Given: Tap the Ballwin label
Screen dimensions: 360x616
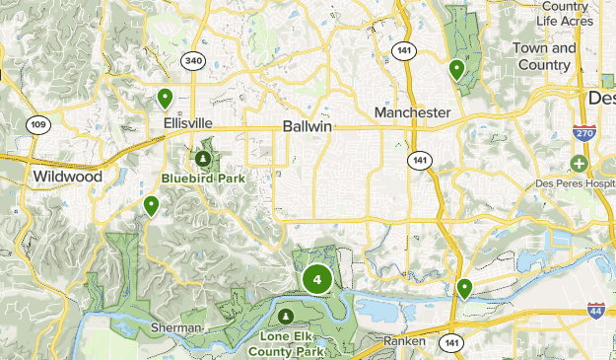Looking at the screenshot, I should click(x=308, y=127).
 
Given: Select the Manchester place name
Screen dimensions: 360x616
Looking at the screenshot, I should click(x=412, y=113).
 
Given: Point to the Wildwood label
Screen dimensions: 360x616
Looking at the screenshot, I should click(x=66, y=177).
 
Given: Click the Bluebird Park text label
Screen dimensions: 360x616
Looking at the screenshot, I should click(x=203, y=179).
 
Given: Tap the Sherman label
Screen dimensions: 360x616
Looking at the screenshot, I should click(x=176, y=327).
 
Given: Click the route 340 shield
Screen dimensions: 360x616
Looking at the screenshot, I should click(x=192, y=61).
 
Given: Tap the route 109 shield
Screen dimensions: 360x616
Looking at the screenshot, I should click(x=38, y=124).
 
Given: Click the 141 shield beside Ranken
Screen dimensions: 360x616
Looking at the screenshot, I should click(x=450, y=342).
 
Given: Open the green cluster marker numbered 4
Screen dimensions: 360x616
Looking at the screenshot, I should click(x=316, y=279).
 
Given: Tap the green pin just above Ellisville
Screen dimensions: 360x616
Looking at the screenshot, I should click(x=165, y=98).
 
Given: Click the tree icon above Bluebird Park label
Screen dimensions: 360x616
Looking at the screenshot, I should click(x=202, y=158).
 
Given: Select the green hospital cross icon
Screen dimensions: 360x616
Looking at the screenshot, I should click(x=579, y=163).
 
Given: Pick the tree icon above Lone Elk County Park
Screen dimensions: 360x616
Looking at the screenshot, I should click(x=285, y=316).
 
